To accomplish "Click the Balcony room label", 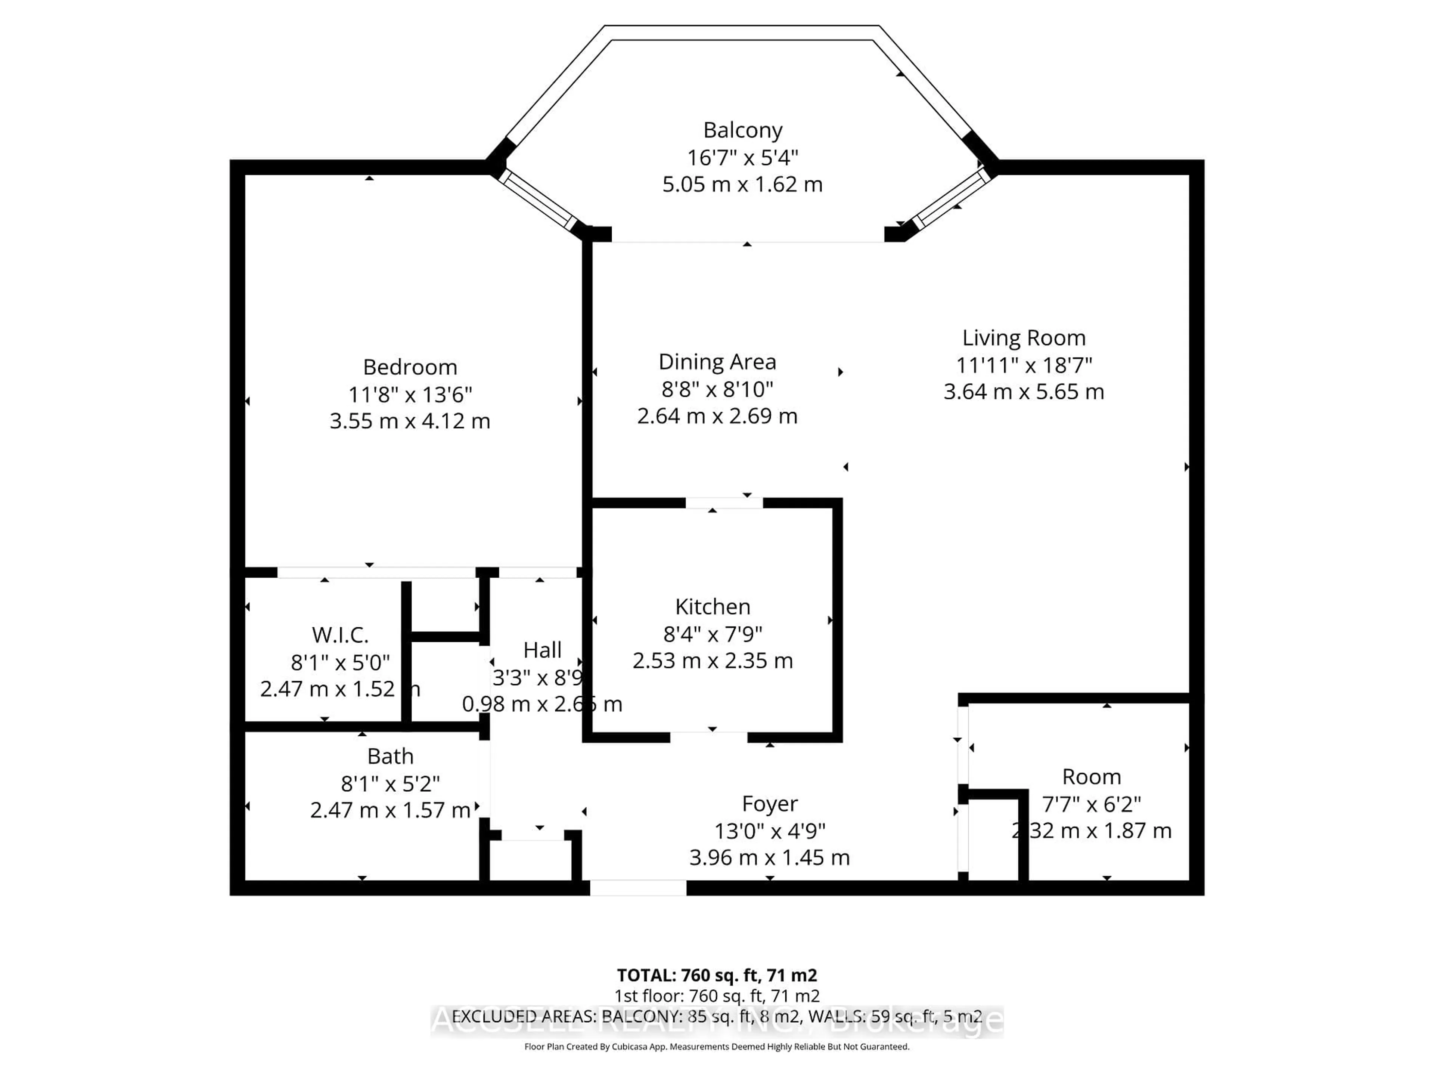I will coord(742,130).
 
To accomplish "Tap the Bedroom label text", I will coord(410,367).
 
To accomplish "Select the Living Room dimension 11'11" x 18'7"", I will coord(1024,365).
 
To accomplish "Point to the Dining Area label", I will coord(717,362).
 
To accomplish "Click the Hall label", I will coord(542,650).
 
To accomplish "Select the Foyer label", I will coord(770,804).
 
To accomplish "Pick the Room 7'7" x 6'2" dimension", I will coord(1091,804).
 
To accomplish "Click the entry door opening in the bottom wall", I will coord(638,888).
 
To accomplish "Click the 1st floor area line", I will coord(716,996).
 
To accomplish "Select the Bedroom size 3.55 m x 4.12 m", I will coord(410,421).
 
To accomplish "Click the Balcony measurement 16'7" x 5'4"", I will coord(742,158).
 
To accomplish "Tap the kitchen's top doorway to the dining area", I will coord(724,503).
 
